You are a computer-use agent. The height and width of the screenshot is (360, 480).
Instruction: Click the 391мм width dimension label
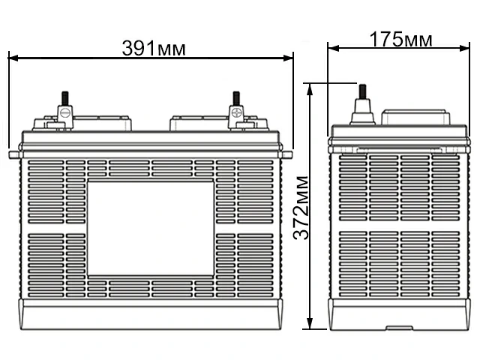[x=153, y=48]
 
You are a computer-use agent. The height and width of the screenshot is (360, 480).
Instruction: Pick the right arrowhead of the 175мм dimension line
[x=460, y=48]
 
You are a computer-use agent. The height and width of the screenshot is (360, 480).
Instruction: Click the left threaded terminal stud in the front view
[x=64, y=98]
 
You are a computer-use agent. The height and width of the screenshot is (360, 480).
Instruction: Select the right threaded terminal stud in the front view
[x=236, y=98]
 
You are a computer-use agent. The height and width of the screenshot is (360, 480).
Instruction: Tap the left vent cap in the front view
[x=105, y=121]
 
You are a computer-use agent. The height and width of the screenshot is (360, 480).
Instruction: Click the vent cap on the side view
[x=415, y=118]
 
